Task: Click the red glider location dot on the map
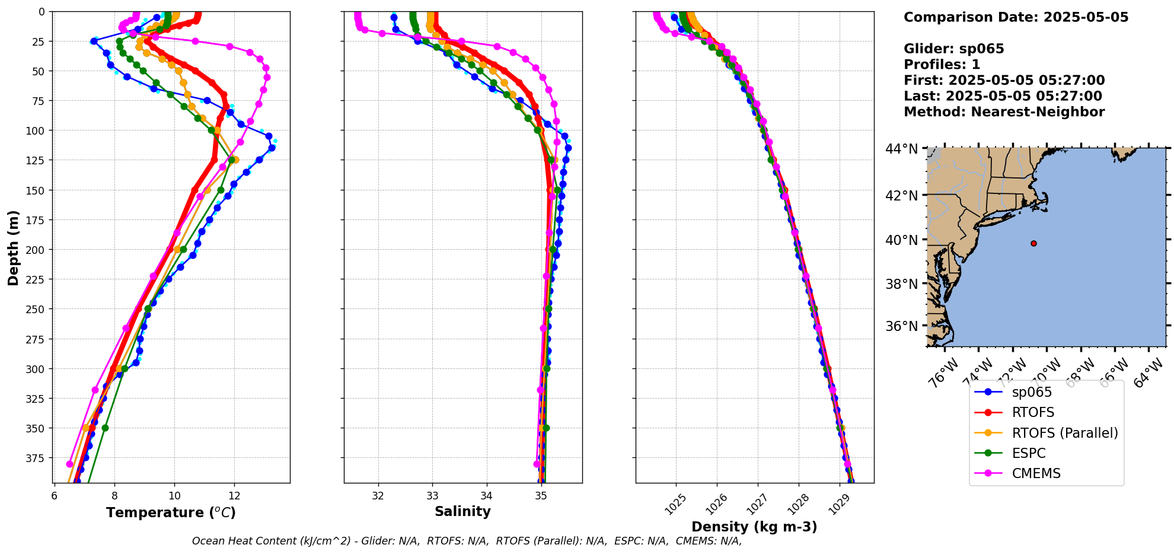[1033, 243]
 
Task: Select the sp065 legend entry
[1032, 392]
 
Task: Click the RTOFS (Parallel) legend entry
[1064, 433]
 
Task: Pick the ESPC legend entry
[1029, 453]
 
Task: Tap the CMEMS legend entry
[1036, 473]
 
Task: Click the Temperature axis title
[171, 512]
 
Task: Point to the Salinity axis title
[462, 511]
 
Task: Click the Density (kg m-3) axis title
[754, 527]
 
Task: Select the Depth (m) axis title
[14, 247]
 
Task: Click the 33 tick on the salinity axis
[432, 495]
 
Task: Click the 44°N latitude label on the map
[901, 148]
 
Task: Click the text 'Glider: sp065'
[953, 49]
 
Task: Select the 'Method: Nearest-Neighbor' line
[1004, 112]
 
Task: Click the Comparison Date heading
[1016, 17]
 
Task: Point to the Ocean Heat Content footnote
[467, 541]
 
